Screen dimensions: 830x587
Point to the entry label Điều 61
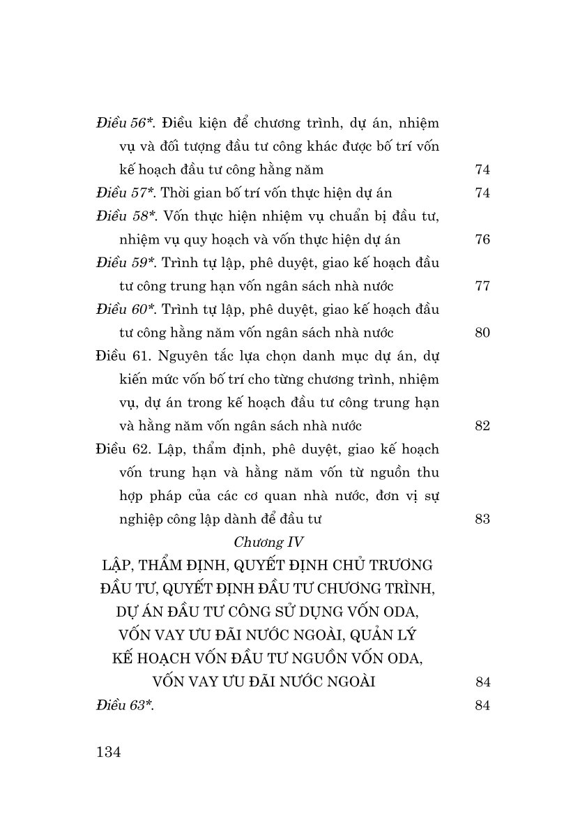click(123, 356)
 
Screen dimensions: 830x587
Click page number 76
click(482, 240)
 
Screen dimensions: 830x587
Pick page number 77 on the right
click(482, 286)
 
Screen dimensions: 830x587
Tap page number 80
click(482, 333)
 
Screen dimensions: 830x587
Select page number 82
click(482, 426)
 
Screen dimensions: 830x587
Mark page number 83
click(482, 519)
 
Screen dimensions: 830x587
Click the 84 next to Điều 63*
click(482, 705)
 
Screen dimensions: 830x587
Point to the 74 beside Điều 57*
click(482, 193)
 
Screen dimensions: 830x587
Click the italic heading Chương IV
click(267, 542)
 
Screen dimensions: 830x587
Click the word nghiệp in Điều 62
click(144, 519)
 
